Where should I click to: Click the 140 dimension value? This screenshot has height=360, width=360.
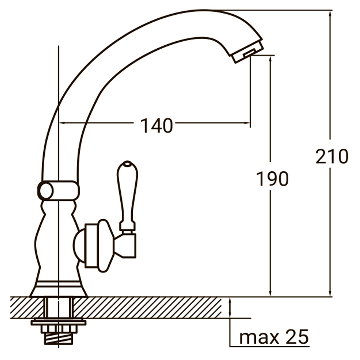click(156, 126)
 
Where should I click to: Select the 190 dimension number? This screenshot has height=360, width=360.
click(272, 179)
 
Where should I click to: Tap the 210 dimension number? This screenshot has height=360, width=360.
click(332, 157)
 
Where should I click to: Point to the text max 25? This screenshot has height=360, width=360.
click(274, 337)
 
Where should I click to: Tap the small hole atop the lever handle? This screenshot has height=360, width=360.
click(127, 165)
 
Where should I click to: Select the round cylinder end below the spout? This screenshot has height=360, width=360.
click(46, 191)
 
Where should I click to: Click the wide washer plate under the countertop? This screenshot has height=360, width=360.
click(58, 321)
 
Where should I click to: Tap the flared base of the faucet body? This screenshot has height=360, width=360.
click(58, 288)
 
